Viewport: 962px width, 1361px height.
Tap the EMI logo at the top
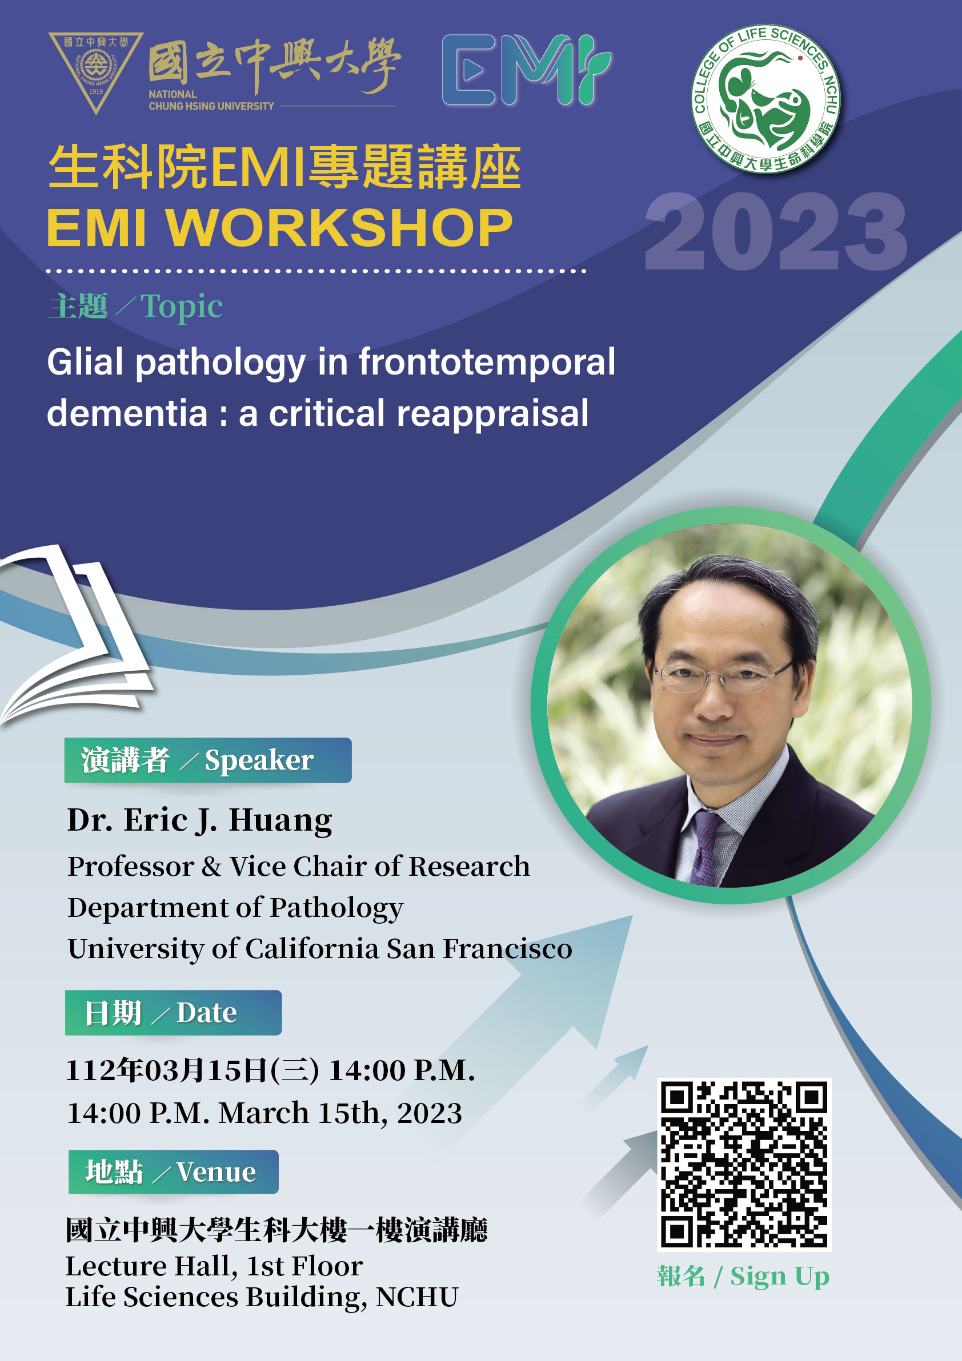point(527,70)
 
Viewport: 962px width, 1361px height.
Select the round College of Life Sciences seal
point(765,99)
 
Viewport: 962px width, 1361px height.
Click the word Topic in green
point(182,307)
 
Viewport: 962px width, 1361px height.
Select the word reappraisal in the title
point(492,414)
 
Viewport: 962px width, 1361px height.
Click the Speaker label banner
point(207,760)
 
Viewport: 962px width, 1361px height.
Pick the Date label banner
point(173,1012)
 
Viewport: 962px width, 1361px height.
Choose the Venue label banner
point(173,1172)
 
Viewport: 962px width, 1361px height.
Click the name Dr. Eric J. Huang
point(200,821)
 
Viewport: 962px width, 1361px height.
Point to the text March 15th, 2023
point(340,1113)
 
